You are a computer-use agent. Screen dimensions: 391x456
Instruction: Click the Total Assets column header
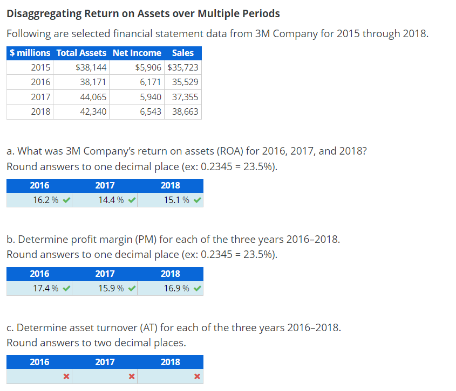81,53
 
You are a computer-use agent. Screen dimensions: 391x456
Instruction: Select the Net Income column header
137,53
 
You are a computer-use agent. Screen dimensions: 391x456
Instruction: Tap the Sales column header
182,53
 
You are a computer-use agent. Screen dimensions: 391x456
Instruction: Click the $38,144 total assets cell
91,68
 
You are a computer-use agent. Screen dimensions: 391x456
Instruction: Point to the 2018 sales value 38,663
185,112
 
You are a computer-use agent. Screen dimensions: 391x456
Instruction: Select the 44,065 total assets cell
93,97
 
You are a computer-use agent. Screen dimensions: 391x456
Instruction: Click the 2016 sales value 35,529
185,82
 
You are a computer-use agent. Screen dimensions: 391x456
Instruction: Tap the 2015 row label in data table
40,68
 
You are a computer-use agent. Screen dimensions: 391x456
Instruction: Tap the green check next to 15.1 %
198,200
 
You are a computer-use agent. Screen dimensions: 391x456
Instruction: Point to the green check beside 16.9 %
198,288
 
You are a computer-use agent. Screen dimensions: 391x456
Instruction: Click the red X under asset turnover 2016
65,376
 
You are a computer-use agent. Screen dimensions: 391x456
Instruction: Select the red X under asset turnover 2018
197,376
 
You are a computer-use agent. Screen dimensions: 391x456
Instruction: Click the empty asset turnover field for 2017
100,376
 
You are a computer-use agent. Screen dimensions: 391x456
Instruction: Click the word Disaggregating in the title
44,13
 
